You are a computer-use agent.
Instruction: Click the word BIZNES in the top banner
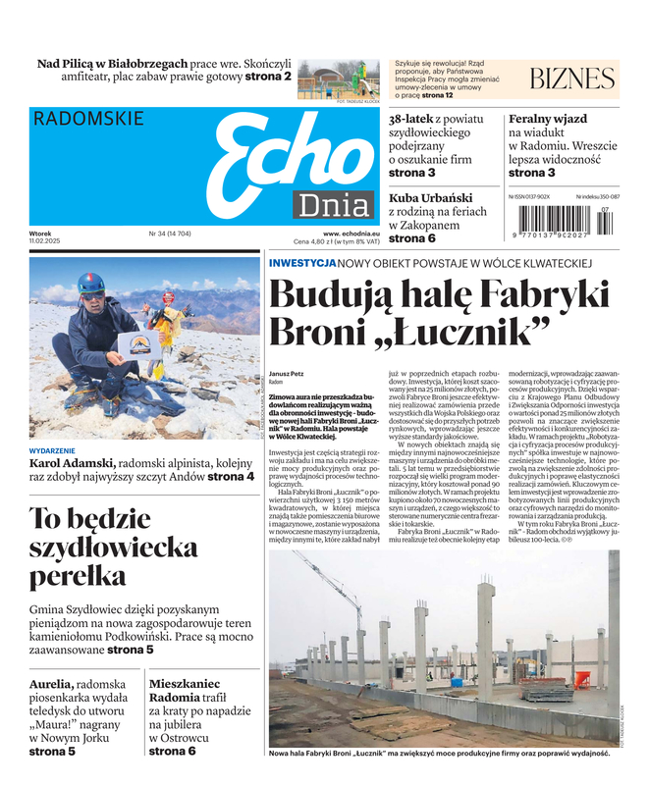click(571, 79)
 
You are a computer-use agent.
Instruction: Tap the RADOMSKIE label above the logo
click(88, 120)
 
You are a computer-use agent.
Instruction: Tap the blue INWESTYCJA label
click(301, 263)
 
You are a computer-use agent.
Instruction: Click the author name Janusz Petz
click(287, 374)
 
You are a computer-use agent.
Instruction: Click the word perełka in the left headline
click(78, 574)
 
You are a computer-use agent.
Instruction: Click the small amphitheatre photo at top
click(338, 78)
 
